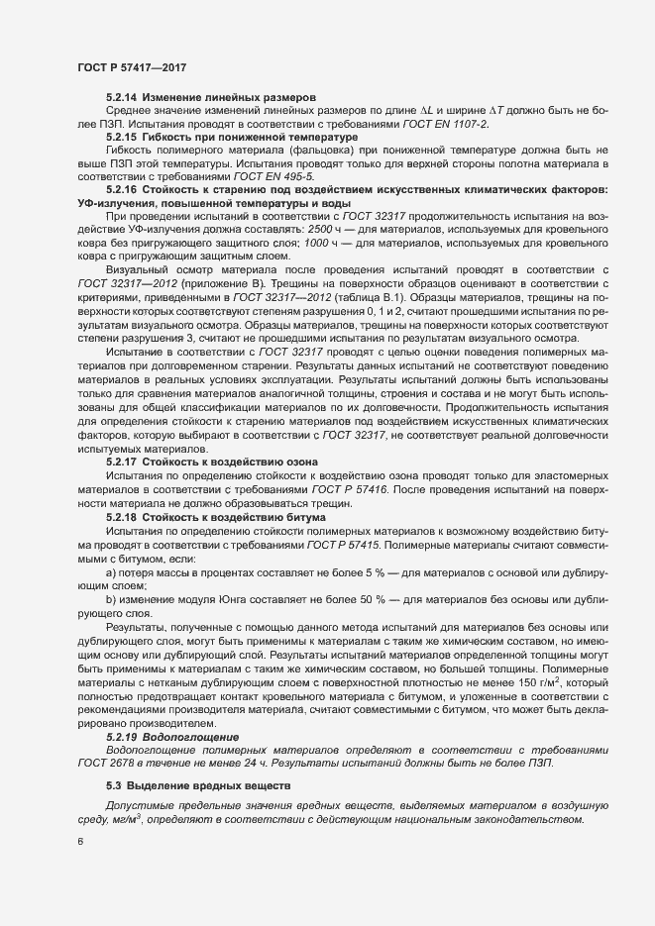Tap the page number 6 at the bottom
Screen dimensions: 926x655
click(80, 842)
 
